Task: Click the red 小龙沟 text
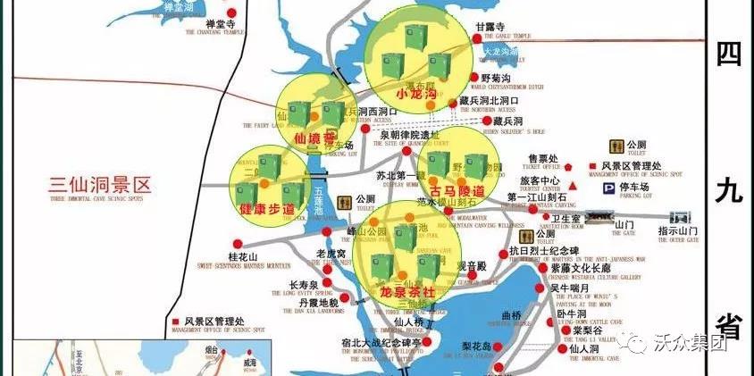(x=415, y=94)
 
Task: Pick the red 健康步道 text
(x=267, y=208)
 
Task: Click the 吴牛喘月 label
(x=568, y=288)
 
